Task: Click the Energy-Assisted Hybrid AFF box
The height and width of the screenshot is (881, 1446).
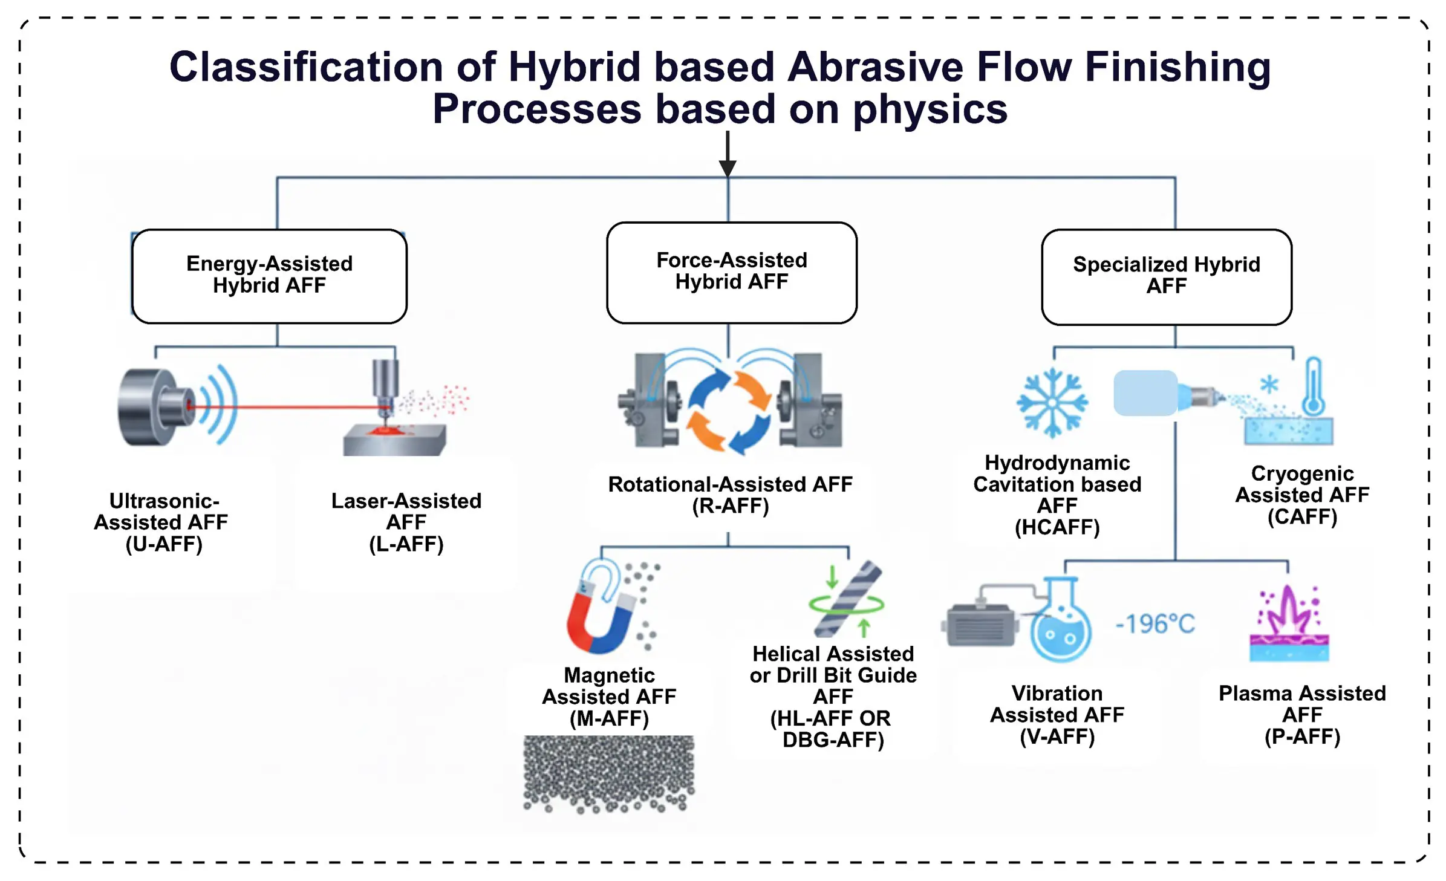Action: pyautogui.click(x=269, y=276)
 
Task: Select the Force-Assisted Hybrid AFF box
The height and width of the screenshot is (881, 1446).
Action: pyautogui.click(x=731, y=272)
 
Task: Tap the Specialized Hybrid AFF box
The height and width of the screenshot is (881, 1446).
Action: pyautogui.click(x=1167, y=276)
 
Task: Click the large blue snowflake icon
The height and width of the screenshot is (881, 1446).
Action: pyautogui.click(x=1052, y=402)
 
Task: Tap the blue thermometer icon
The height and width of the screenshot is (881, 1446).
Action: pyautogui.click(x=1313, y=386)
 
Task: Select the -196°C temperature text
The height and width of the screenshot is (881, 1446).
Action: pyautogui.click(x=1155, y=623)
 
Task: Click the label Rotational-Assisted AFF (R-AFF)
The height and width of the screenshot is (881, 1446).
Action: pyautogui.click(x=730, y=495)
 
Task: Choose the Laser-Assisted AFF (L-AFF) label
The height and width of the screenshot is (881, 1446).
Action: pyautogui.click(x=406, y=522)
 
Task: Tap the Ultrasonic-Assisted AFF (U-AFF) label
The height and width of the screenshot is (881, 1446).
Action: pyautogui.click(x=161, y=522)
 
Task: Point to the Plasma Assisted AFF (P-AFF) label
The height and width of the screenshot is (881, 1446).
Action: pyautogui.click(x=1302, y=714)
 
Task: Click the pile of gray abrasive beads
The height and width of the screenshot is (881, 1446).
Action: pyautogui.click(x=608, y=774)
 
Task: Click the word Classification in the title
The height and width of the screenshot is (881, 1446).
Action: pyautogui.click(x=306, y=67)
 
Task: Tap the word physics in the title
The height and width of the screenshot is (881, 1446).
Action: pyautogui.click(x=930, y=110)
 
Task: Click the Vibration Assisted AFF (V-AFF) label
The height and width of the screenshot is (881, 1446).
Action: pyautogui.click(x=1057, y=714)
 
